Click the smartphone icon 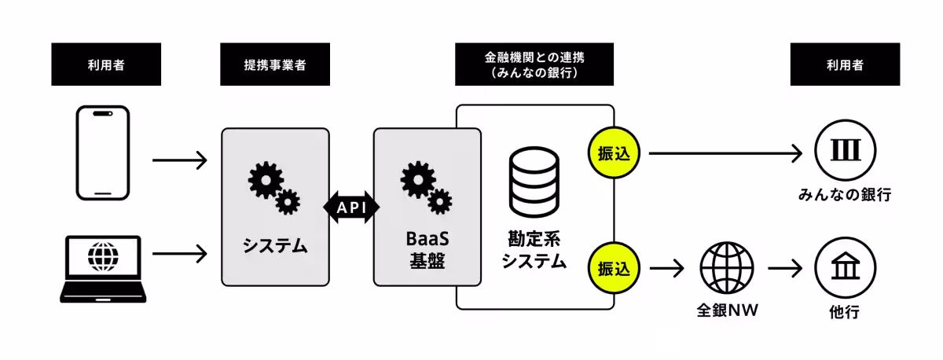[102, 153]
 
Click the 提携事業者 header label [274, 64]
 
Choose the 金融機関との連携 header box [534, 64]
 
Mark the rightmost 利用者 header [844, 64]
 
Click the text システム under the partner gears [274, 246]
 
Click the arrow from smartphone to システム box [179, 160]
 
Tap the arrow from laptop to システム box [179, 253]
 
